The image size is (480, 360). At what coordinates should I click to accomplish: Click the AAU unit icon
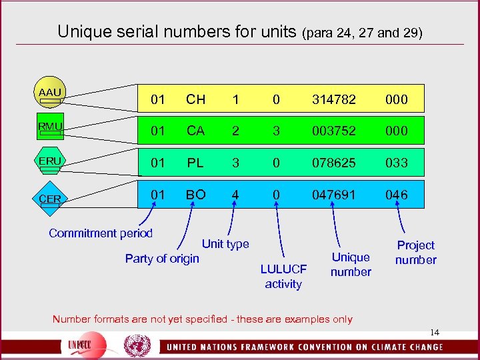point(49,95)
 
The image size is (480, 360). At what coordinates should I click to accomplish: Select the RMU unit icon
point(50,127)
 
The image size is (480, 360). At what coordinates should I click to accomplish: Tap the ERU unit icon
point(50,162)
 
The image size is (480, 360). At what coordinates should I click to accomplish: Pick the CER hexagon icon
point(50,198)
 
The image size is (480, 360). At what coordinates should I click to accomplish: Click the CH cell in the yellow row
point(195,100)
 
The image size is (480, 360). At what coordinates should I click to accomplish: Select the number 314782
point(333,100)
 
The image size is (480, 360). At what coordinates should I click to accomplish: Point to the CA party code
point(195,131)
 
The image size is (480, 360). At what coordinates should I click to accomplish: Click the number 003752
point(333,131)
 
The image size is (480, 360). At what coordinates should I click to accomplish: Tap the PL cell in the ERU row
point(195,163)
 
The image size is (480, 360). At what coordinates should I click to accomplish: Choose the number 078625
point(333,163)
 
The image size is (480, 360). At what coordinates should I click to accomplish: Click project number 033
point(396,163)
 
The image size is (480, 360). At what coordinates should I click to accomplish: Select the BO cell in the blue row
point(195,195)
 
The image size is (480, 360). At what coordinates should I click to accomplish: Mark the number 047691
point(333,195)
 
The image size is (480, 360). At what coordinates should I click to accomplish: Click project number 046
point(396,195)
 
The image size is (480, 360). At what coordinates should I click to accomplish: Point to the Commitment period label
point(101,233)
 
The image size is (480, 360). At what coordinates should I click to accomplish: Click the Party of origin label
point(162,259)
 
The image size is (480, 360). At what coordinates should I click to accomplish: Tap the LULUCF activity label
point(283,277)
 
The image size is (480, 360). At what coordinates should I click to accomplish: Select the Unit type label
point(225,244)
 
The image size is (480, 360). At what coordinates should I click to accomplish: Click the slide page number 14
point(435,332)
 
